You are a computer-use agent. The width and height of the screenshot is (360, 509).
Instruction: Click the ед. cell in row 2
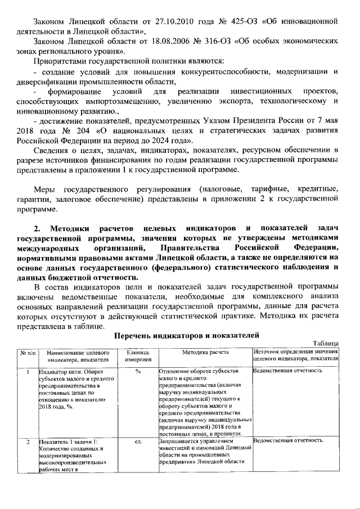pyautogui.click(x=137, y=442)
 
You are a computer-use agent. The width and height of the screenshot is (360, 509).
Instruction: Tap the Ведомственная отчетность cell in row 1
pyautogui.click(x=288, y=371)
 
